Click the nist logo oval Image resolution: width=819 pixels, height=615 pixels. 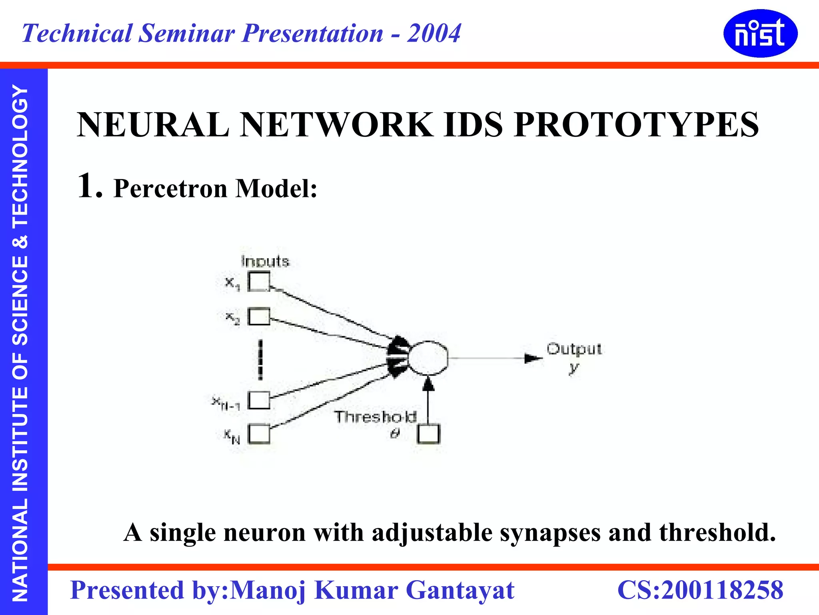(x=760, y=34)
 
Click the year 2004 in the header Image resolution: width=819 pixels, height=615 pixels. (x=434, y=33)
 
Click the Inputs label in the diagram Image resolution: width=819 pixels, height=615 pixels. (x=265, y=261)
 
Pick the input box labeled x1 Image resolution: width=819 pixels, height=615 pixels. (x=259, y=281)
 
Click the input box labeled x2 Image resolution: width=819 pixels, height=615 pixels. (x=259, y=317)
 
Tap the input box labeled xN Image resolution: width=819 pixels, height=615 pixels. (x=259, y=434)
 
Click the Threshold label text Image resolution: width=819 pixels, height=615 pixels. (x=375, y=417)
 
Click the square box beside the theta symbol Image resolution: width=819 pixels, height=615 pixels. (x=428, y=434)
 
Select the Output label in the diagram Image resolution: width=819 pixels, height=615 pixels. (x=574, y=349)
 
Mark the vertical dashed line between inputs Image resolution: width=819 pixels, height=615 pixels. (x=260, y=360)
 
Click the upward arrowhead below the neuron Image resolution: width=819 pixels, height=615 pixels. (x=428, y=384)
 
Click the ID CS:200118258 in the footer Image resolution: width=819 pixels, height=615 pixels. (x=700, y=590)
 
